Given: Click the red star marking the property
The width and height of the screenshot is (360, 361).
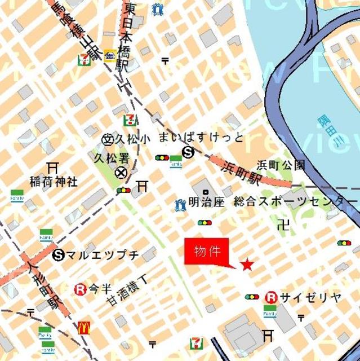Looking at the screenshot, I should point(247,264).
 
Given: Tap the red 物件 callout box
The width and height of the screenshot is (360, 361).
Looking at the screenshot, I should point(207,252).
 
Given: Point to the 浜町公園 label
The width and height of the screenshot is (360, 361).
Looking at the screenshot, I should point(281,165).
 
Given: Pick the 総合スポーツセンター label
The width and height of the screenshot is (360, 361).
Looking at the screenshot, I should point(295,201).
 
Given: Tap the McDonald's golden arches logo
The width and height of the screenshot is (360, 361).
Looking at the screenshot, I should point(84,327).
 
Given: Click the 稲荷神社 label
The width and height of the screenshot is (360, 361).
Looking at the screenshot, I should point(54,182).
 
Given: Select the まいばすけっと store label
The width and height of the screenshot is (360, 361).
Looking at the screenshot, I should point(201,137).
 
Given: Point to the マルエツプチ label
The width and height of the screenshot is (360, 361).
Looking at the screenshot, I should point(103,255).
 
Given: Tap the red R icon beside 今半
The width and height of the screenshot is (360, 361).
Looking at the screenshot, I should point(80,289).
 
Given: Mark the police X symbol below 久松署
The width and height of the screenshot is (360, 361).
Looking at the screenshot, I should point(121,173).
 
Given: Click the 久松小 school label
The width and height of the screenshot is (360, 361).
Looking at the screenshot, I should point(134,138).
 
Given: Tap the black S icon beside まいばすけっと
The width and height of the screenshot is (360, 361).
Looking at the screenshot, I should point(188,151).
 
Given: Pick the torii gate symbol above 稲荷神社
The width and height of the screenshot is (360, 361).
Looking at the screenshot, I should point(53,168).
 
